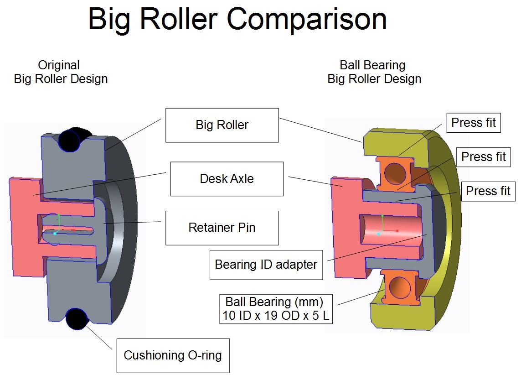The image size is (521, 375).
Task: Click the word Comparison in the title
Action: (x=307, y=19)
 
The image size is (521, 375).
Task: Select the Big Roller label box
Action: (x=222, y=125)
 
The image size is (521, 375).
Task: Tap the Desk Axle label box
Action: (x=227, y=179)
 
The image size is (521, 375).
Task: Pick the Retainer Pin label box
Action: (x=222, y=228)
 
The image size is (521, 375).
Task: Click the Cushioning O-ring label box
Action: (x=173, y=355)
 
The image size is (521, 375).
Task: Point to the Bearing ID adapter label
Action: (x=266, y=265)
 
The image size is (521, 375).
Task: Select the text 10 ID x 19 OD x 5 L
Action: (x=276, y=315)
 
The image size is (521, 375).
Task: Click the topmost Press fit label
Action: (x=473, y=123)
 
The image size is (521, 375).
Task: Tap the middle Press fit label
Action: (x=484, y=157)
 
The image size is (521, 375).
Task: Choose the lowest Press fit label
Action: (x=488, y=191)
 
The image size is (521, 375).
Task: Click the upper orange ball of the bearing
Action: (x=394, y=174)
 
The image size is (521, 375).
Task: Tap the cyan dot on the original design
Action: (x=55, y=234)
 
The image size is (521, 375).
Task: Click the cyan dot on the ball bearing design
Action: (x=378, y=234)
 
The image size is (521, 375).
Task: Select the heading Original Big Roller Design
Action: (x=61, y=72)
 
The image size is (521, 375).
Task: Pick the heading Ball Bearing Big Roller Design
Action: (x=374, y=72)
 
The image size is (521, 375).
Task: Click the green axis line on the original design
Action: (x=58, y=221)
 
